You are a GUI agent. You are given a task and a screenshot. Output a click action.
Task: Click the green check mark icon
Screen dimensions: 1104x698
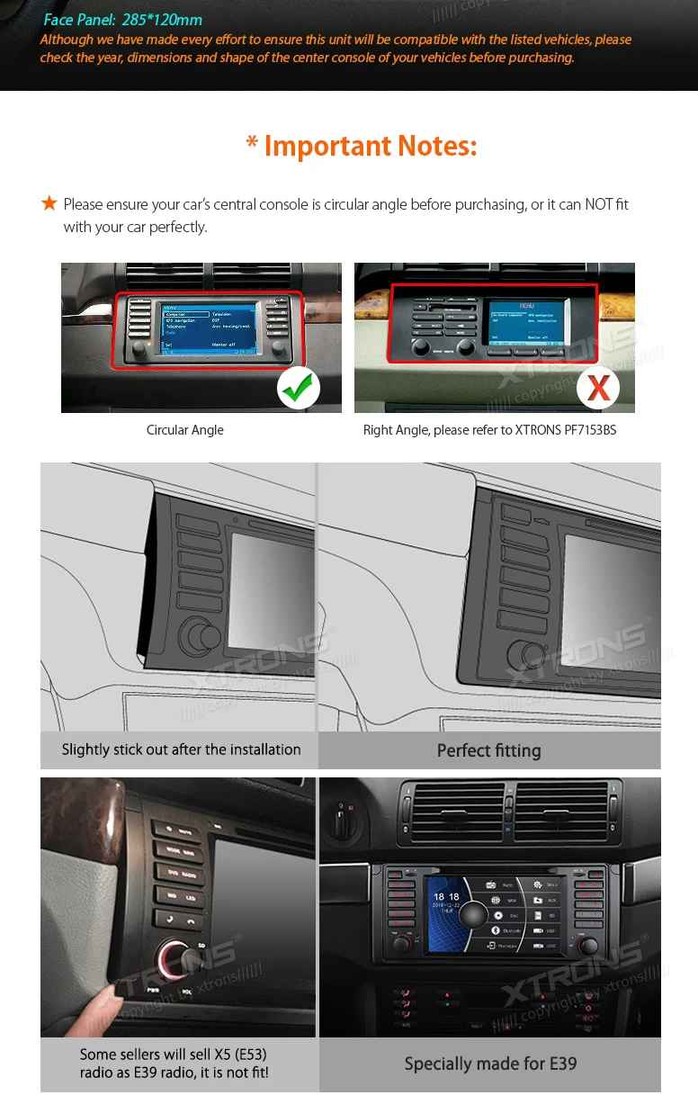coord(299,387)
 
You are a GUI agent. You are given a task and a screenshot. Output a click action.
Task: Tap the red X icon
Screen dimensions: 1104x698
coord(598,388)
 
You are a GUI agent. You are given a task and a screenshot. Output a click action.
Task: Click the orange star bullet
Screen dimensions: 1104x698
coord(49,204)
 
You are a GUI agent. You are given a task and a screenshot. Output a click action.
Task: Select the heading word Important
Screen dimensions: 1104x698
coord(327,146)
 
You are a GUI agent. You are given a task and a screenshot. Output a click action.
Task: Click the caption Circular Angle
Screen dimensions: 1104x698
coord(185,430)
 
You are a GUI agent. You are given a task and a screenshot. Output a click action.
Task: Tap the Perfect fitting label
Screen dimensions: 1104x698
coord(489,750)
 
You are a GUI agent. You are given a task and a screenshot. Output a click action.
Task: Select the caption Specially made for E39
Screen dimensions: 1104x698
coord(490,1064)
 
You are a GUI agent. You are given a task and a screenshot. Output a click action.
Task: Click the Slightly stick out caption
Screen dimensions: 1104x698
coord(181,749)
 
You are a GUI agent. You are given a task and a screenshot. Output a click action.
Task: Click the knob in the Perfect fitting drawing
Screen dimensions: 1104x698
coord(526,658)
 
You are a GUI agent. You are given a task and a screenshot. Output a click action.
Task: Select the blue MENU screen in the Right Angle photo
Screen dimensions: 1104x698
coord(526,322)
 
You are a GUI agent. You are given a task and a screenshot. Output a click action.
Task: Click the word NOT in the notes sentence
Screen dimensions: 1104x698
coord(599,204)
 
